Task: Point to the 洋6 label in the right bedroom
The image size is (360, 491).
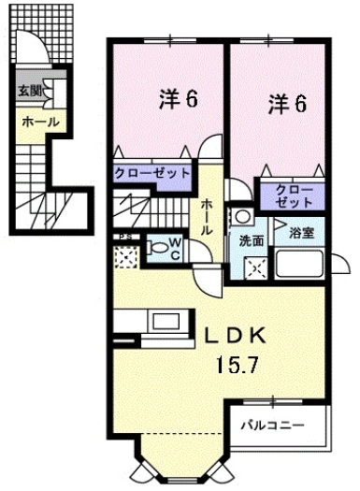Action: pos(288,103)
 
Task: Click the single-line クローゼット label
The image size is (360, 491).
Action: pos(166,173)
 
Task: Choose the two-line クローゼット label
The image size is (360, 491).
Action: pos(295,195)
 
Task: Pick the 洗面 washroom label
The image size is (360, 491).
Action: pos(251,241)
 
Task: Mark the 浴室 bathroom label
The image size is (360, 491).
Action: pos(301,233)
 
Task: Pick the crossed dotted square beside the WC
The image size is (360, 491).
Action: pos(125,254)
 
